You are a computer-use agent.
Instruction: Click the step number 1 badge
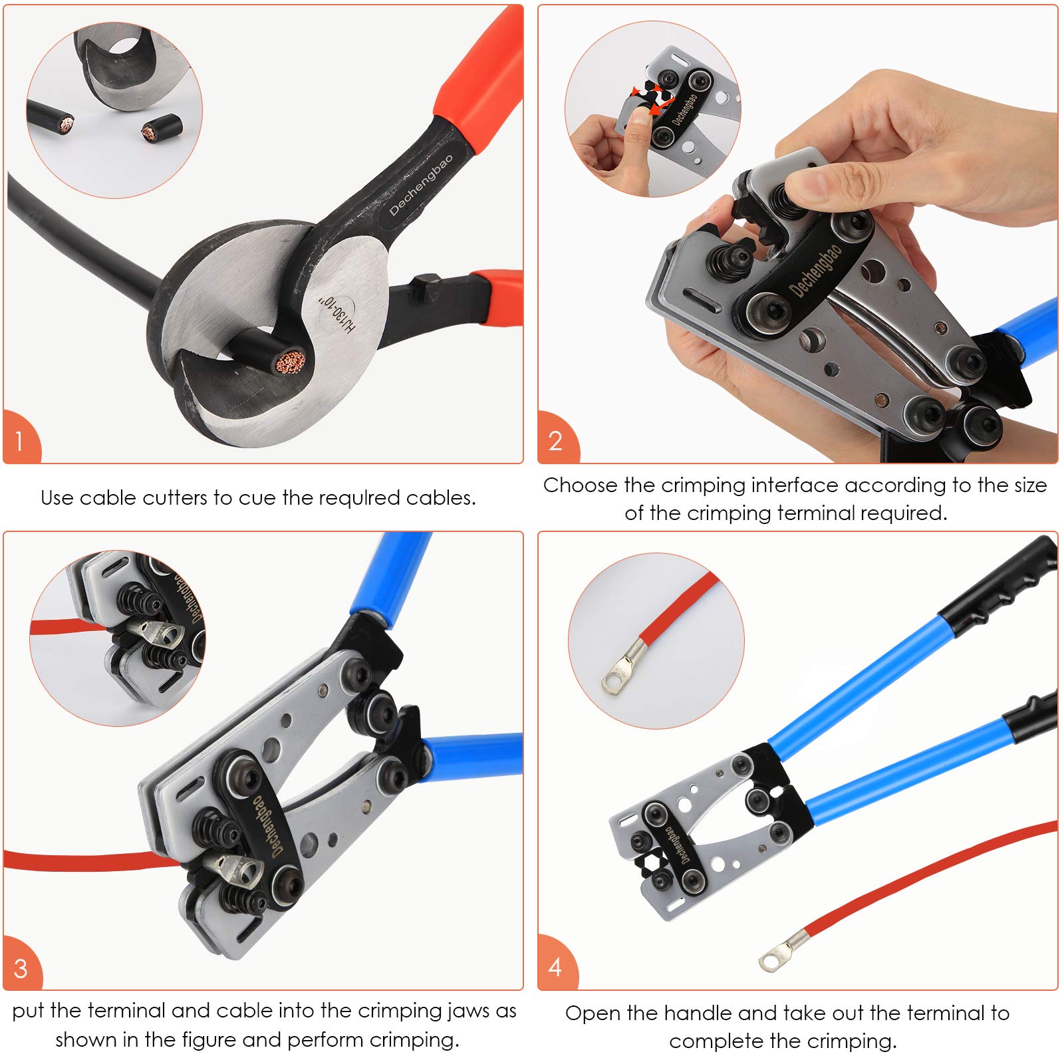pos(19,440)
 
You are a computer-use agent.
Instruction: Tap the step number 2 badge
pos(555,440)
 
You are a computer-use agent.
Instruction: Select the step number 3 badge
pos(21,968)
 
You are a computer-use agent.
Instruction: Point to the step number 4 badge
pos(555,967)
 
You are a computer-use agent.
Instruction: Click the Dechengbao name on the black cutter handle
pos(421,184)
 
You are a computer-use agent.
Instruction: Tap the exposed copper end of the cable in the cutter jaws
pos(291,362)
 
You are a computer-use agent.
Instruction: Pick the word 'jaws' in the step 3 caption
pos(469,1010)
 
